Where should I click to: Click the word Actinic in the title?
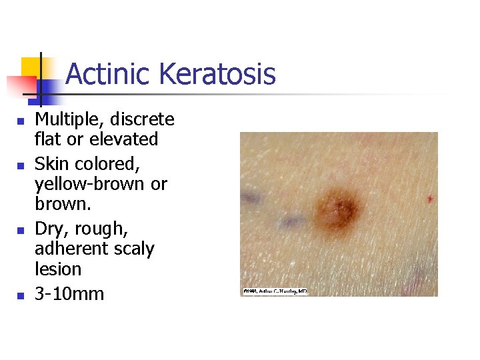coord(106,74)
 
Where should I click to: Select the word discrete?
coord(141,119)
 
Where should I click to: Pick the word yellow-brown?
coord(91,184)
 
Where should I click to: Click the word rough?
coord(100,229)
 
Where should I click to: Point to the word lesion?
coord(58,269)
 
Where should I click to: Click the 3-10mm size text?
coord(69,293)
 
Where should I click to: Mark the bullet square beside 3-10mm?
coord(20,295)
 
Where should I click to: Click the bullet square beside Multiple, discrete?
coord(20,121)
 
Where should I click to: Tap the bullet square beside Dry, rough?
coord(20,230)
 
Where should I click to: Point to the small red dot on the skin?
coord(430,199)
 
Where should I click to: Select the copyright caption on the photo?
coord(275,291)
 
